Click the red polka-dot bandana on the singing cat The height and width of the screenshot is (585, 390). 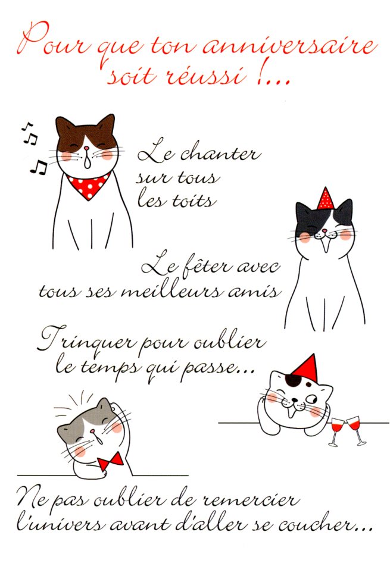coord(89,186)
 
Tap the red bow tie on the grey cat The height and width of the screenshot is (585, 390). coord(111,461)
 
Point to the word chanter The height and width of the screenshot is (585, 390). coord(220,154)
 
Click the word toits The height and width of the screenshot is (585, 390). coord(194,201)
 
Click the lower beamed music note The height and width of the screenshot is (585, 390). coord(39,167)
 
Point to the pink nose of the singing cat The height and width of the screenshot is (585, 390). coord(86,149)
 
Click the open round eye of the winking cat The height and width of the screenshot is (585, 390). coord(311,399)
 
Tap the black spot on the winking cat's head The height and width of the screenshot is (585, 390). coord(294,380)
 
